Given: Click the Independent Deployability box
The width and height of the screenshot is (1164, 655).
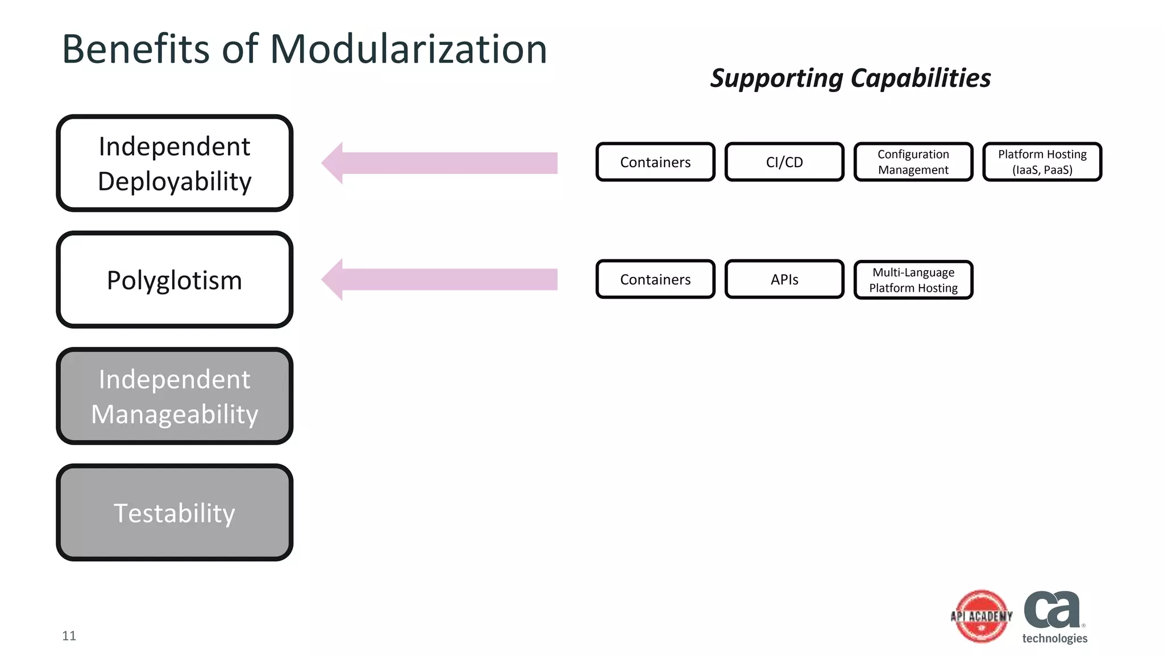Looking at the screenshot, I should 174,163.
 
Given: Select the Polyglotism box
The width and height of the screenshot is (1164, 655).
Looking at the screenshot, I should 174,280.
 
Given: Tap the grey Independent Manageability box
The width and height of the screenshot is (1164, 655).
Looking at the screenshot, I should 174,396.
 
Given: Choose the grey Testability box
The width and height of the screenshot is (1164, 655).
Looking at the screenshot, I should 174,513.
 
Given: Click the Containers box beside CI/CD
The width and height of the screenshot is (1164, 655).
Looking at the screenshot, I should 655,162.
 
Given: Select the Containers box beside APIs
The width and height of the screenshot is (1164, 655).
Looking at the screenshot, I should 655,279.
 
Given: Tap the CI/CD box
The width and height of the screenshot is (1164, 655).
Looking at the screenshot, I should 784,162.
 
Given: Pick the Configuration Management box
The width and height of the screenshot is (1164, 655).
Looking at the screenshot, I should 913,162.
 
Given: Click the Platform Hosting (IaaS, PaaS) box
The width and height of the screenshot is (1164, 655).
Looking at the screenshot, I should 1042,162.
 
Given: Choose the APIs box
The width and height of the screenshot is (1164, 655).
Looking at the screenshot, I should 784,279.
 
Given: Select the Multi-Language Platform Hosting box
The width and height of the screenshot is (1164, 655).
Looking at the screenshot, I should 913,280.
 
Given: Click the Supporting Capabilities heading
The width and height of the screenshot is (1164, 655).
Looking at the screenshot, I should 850,78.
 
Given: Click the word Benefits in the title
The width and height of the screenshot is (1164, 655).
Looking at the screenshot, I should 136,49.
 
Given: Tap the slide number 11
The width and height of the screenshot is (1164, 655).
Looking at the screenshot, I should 69,636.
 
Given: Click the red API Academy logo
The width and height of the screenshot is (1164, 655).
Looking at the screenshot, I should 982,616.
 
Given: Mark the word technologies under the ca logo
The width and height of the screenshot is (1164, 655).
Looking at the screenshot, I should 1054,639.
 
